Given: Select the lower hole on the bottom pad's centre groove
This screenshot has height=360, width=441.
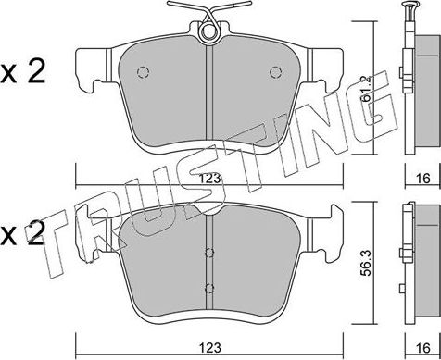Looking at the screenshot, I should coord(209,287).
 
